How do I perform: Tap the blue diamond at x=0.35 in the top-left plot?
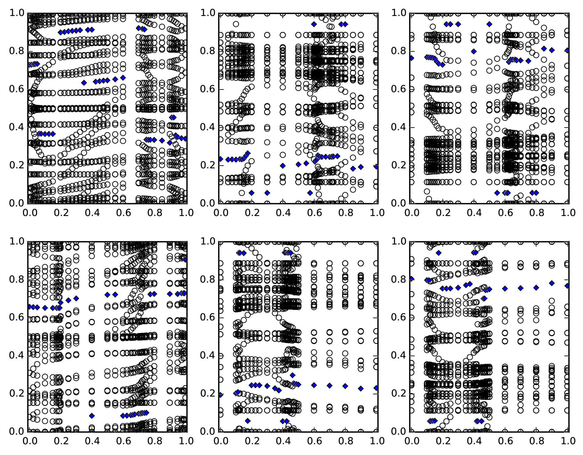[84, 83]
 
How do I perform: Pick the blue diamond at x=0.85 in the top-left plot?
[162, 141]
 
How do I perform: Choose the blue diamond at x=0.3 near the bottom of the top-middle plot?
[267, 193]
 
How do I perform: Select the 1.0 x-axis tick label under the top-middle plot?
[377, 213]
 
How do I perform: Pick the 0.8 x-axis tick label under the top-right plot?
[537, 213]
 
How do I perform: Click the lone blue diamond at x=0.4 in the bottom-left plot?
[92, 416]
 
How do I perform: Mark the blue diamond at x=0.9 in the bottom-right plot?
[552, 283]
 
